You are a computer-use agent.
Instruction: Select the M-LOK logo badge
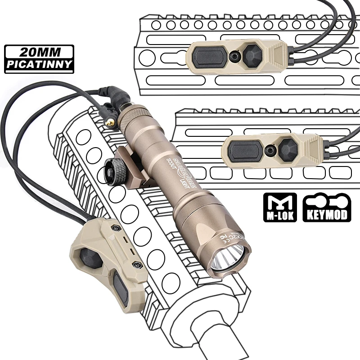click(x=279, y=207)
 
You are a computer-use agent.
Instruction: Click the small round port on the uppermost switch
click(x=234, y=56)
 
